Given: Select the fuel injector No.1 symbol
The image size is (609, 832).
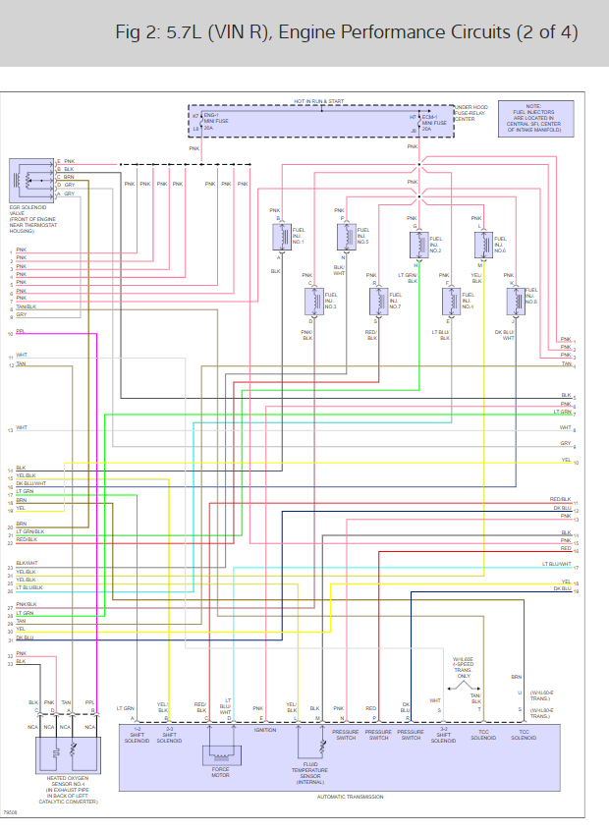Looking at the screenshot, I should coord(278,237).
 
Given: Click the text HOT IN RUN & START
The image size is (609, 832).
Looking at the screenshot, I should coord(319,101).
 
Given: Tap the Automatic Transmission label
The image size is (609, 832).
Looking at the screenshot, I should coord(350,797).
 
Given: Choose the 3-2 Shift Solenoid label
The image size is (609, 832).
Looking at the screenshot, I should coord(444,735).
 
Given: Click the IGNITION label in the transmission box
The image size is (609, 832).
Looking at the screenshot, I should coord(265,730).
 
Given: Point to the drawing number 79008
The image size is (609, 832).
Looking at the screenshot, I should coord(10,813).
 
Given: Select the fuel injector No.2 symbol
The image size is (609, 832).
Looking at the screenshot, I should coord(415,243).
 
